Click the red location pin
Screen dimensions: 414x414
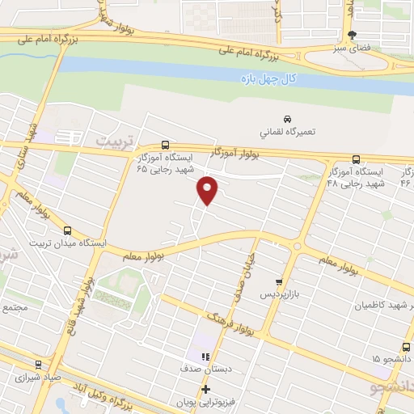[208, 191]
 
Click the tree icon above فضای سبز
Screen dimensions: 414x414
[351, 35]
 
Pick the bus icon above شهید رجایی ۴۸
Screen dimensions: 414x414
[356, 159]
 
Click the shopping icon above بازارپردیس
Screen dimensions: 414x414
[279, 282]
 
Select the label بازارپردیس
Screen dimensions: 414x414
[274, 295]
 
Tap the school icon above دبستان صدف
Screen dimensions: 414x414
[205, 356]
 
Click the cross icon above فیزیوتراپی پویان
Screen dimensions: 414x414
[205, 390]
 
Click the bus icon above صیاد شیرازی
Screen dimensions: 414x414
[38, 364]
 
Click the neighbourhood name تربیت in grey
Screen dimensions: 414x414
[113, 140]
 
